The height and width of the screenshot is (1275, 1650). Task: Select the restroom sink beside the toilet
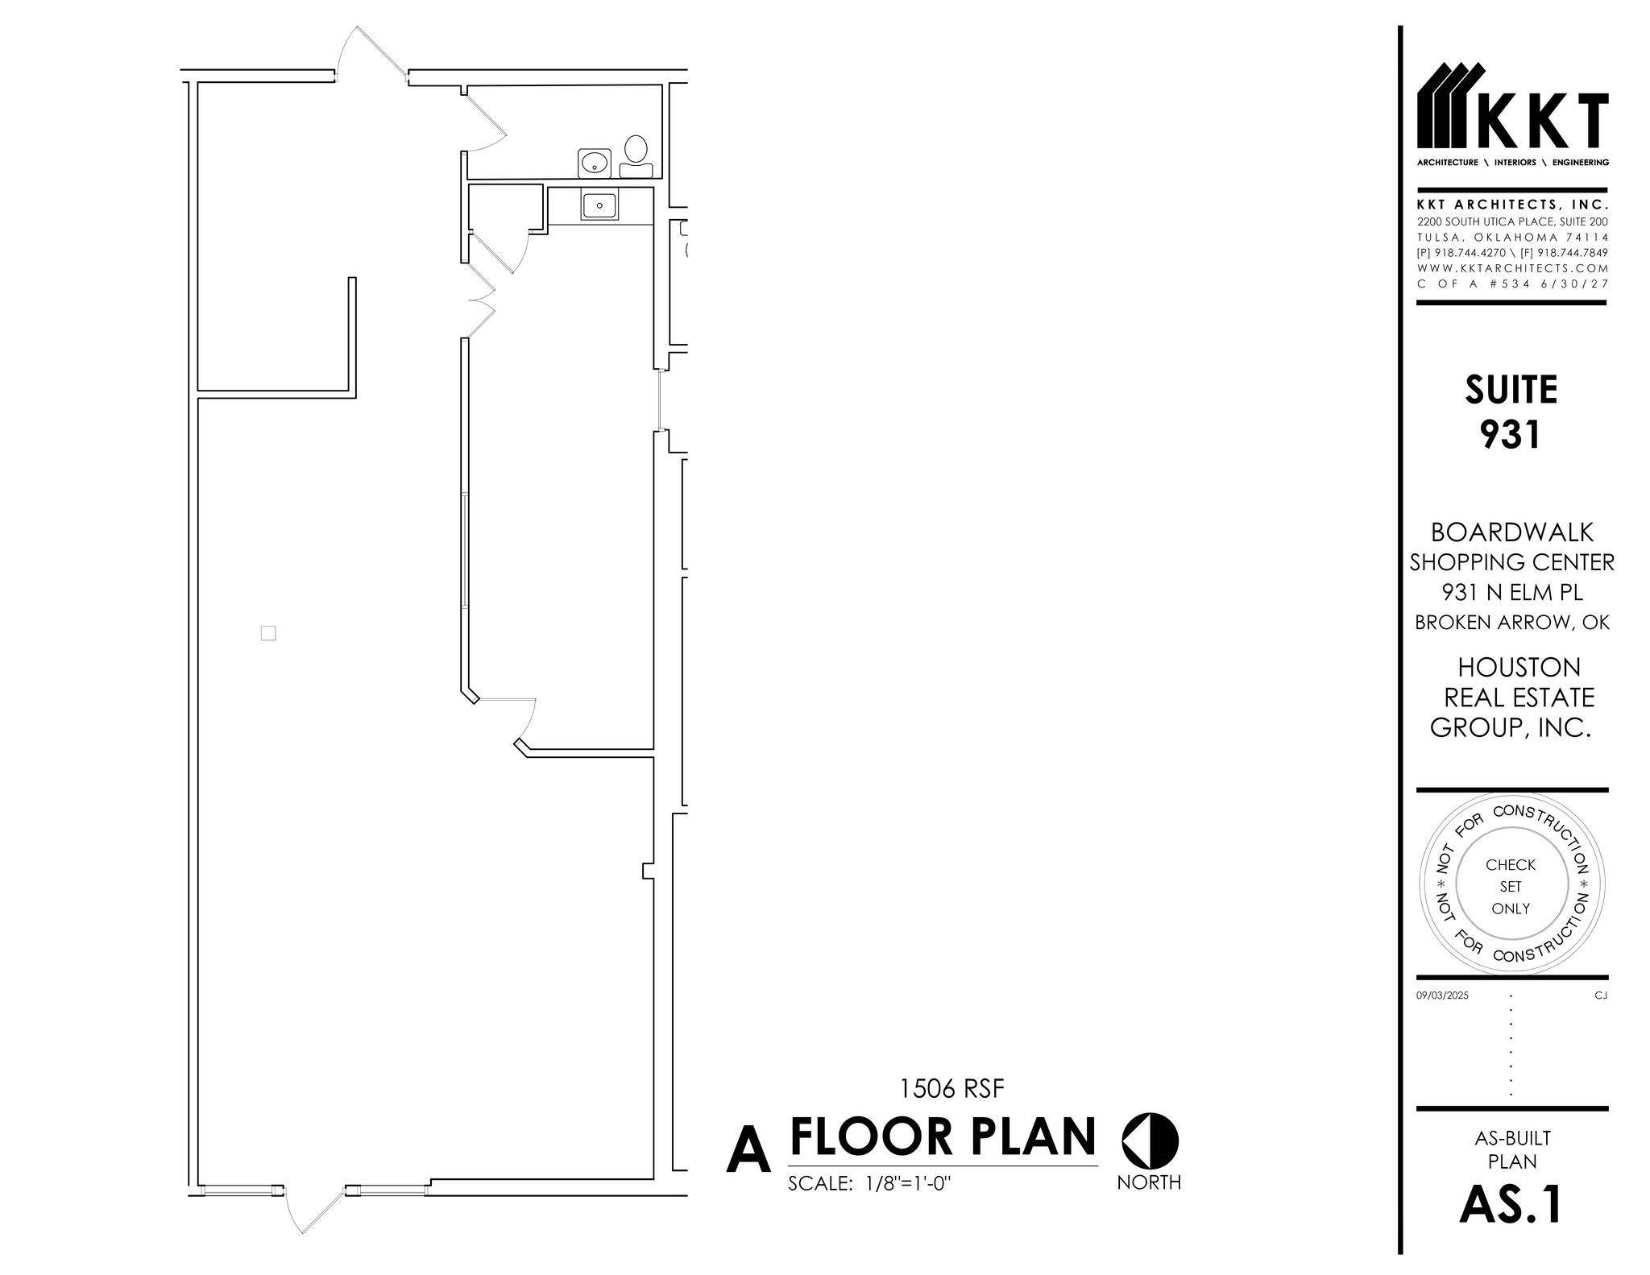pyautogui.click(x=595, y=163)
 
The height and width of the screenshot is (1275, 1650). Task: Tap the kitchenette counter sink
pyautogui.click(x=599, y=206)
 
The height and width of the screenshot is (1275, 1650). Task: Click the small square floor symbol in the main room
pyautogui.click(x=268, y=633)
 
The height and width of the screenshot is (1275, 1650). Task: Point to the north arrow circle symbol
pyautogui.click(x=1150, y=1141)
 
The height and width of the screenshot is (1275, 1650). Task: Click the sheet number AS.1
pyautogui.click(x=1511, y=1205)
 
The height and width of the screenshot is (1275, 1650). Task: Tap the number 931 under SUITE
pyautogui.click(x=1511, y=435)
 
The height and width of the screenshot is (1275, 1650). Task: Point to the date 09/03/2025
pyautogui.click(x=1442, y=996)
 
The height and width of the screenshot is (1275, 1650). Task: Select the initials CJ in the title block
pyautogui.click(x=1600, y=996)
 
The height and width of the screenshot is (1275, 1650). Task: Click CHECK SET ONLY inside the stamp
pyautogui.click(x=1511, y=886)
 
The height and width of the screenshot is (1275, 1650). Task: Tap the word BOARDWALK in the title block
pyautogui.click(x=1511, y=532)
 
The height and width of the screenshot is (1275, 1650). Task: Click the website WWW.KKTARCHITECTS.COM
pyautogui.click(x=1512, y=268)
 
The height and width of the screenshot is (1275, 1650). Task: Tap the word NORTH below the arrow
pyautogui.click(x=1149, y=1182)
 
